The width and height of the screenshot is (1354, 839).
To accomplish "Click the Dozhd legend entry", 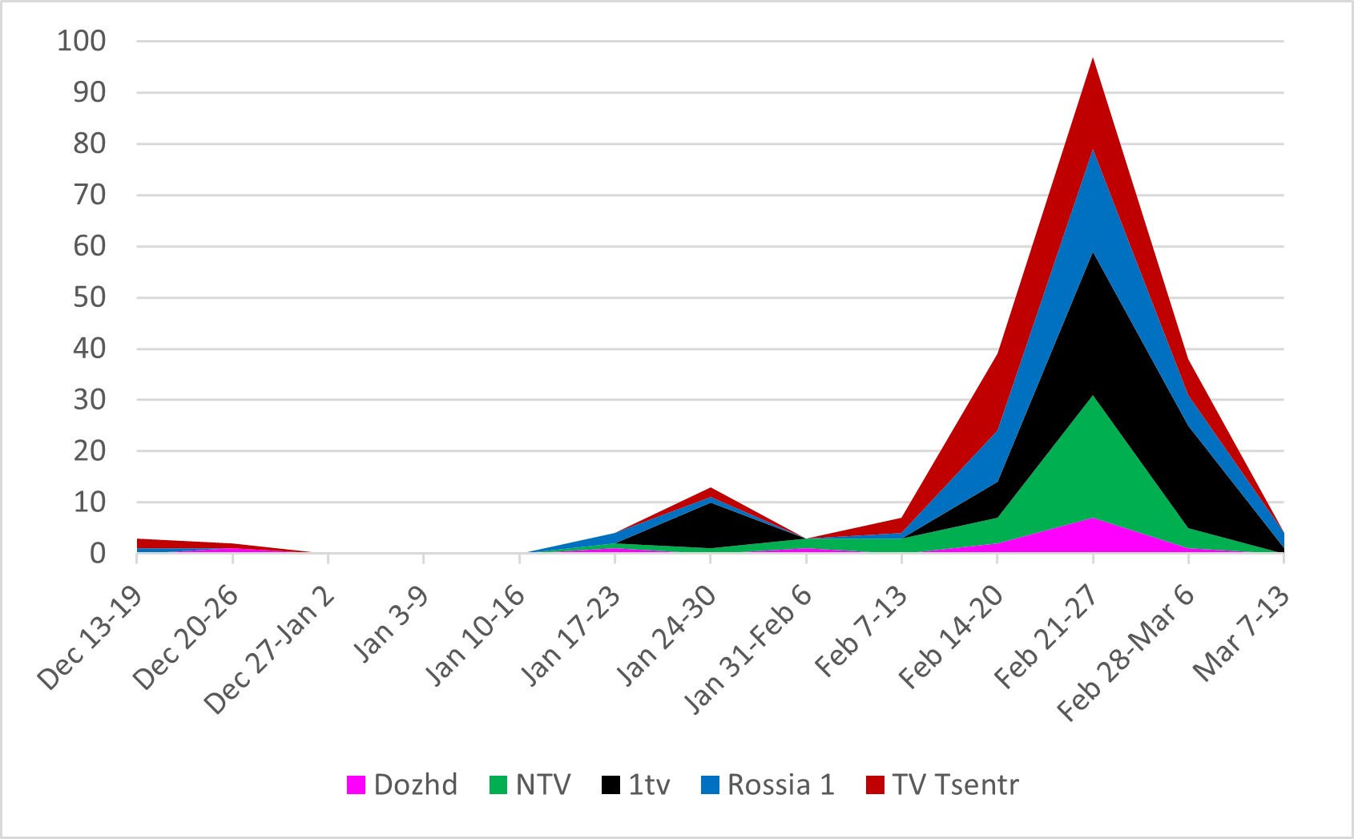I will pyautogui.click(x=401, y=785).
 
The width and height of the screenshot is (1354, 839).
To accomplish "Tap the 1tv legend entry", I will pyautogui.click(x=635, y=785).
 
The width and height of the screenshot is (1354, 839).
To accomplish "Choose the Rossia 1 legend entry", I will pyautogui.click(x=768, y=785).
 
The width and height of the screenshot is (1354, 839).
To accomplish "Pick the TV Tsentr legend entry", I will pyautogui.click(x=942, y=785).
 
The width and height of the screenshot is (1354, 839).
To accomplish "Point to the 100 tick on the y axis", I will pyautogui.click(x=82, y=41).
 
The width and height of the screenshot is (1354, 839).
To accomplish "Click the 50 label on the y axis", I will pyautogui.click(x=90, y=297).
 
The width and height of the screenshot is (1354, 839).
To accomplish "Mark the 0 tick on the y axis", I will pyautogui.click(x=98, y=554).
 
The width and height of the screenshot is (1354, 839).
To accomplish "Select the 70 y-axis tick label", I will pyautogui.click(x=90, y=195).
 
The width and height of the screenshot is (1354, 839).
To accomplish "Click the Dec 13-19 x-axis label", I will pyautogui.click(x=90, y=637).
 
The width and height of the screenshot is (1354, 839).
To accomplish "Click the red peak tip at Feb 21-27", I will pyautogui.click(x=1093, y=58).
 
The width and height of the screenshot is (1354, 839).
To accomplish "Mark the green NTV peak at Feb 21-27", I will pyautogui.click(x=1093, y=397).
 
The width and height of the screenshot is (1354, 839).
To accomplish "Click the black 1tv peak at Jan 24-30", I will pyautogui.click(x=710, y=503).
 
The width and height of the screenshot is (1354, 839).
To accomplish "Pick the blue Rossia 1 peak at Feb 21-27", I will pyautogui.click(x=1093, y=151).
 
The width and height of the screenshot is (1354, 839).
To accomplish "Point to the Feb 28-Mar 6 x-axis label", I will pyautogui.click(x=1126, y=653).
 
